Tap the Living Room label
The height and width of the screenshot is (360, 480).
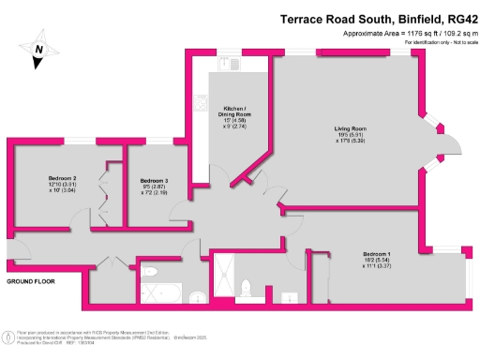click(351, 128)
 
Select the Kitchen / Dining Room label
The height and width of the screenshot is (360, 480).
click(235, 112)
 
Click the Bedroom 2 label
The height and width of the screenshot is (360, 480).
click(62, 178)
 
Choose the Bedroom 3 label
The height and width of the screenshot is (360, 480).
click(153, 180)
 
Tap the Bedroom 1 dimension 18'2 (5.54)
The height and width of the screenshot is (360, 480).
click(378, 262)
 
